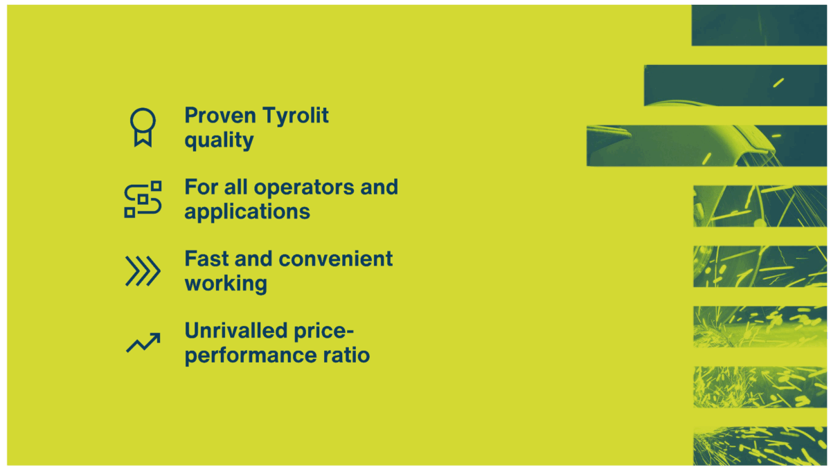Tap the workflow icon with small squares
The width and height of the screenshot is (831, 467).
pyautogui.click(x=143, y=199)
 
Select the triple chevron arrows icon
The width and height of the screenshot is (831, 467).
pyautogui.click(x=143, y=271)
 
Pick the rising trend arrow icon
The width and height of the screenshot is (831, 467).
pyautogui.click(x=143, y=342)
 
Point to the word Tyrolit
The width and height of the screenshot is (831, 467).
pyautogui.click(x=296, y=116)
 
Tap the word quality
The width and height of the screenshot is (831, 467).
pyautogui.click(x=219, y=140)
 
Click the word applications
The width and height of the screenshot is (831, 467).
pyautogui.click(x=247, y=212)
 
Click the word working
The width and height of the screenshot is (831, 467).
pyautogui.click(x=226, y=284)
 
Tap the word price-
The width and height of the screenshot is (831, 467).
pyautogui.click(x=319, y=332)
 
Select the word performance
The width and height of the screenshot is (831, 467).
pyautogui.click(x=250, y=356)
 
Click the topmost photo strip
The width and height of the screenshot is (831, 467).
pyautogui.click(x=759, y=25)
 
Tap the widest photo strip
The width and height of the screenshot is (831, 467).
pyautogui.click(x=706, y=145)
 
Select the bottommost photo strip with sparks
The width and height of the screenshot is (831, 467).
pyautogui.click(x=760, y=446)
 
